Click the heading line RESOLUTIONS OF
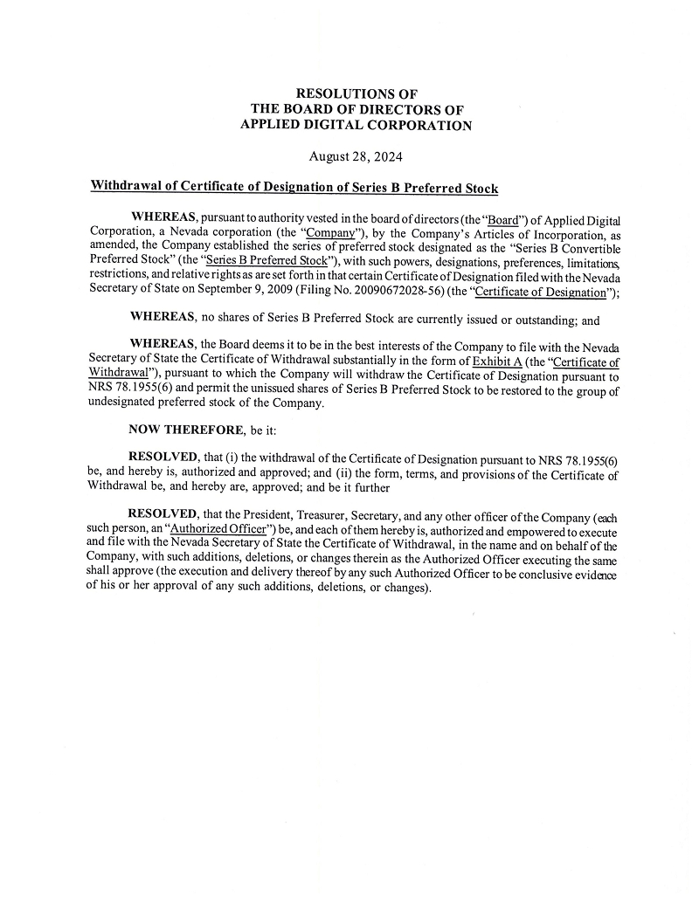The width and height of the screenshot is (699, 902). [356, 93]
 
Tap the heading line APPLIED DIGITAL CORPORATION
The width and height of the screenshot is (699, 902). [356, 125]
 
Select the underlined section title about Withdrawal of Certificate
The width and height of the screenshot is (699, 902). [294, 188]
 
